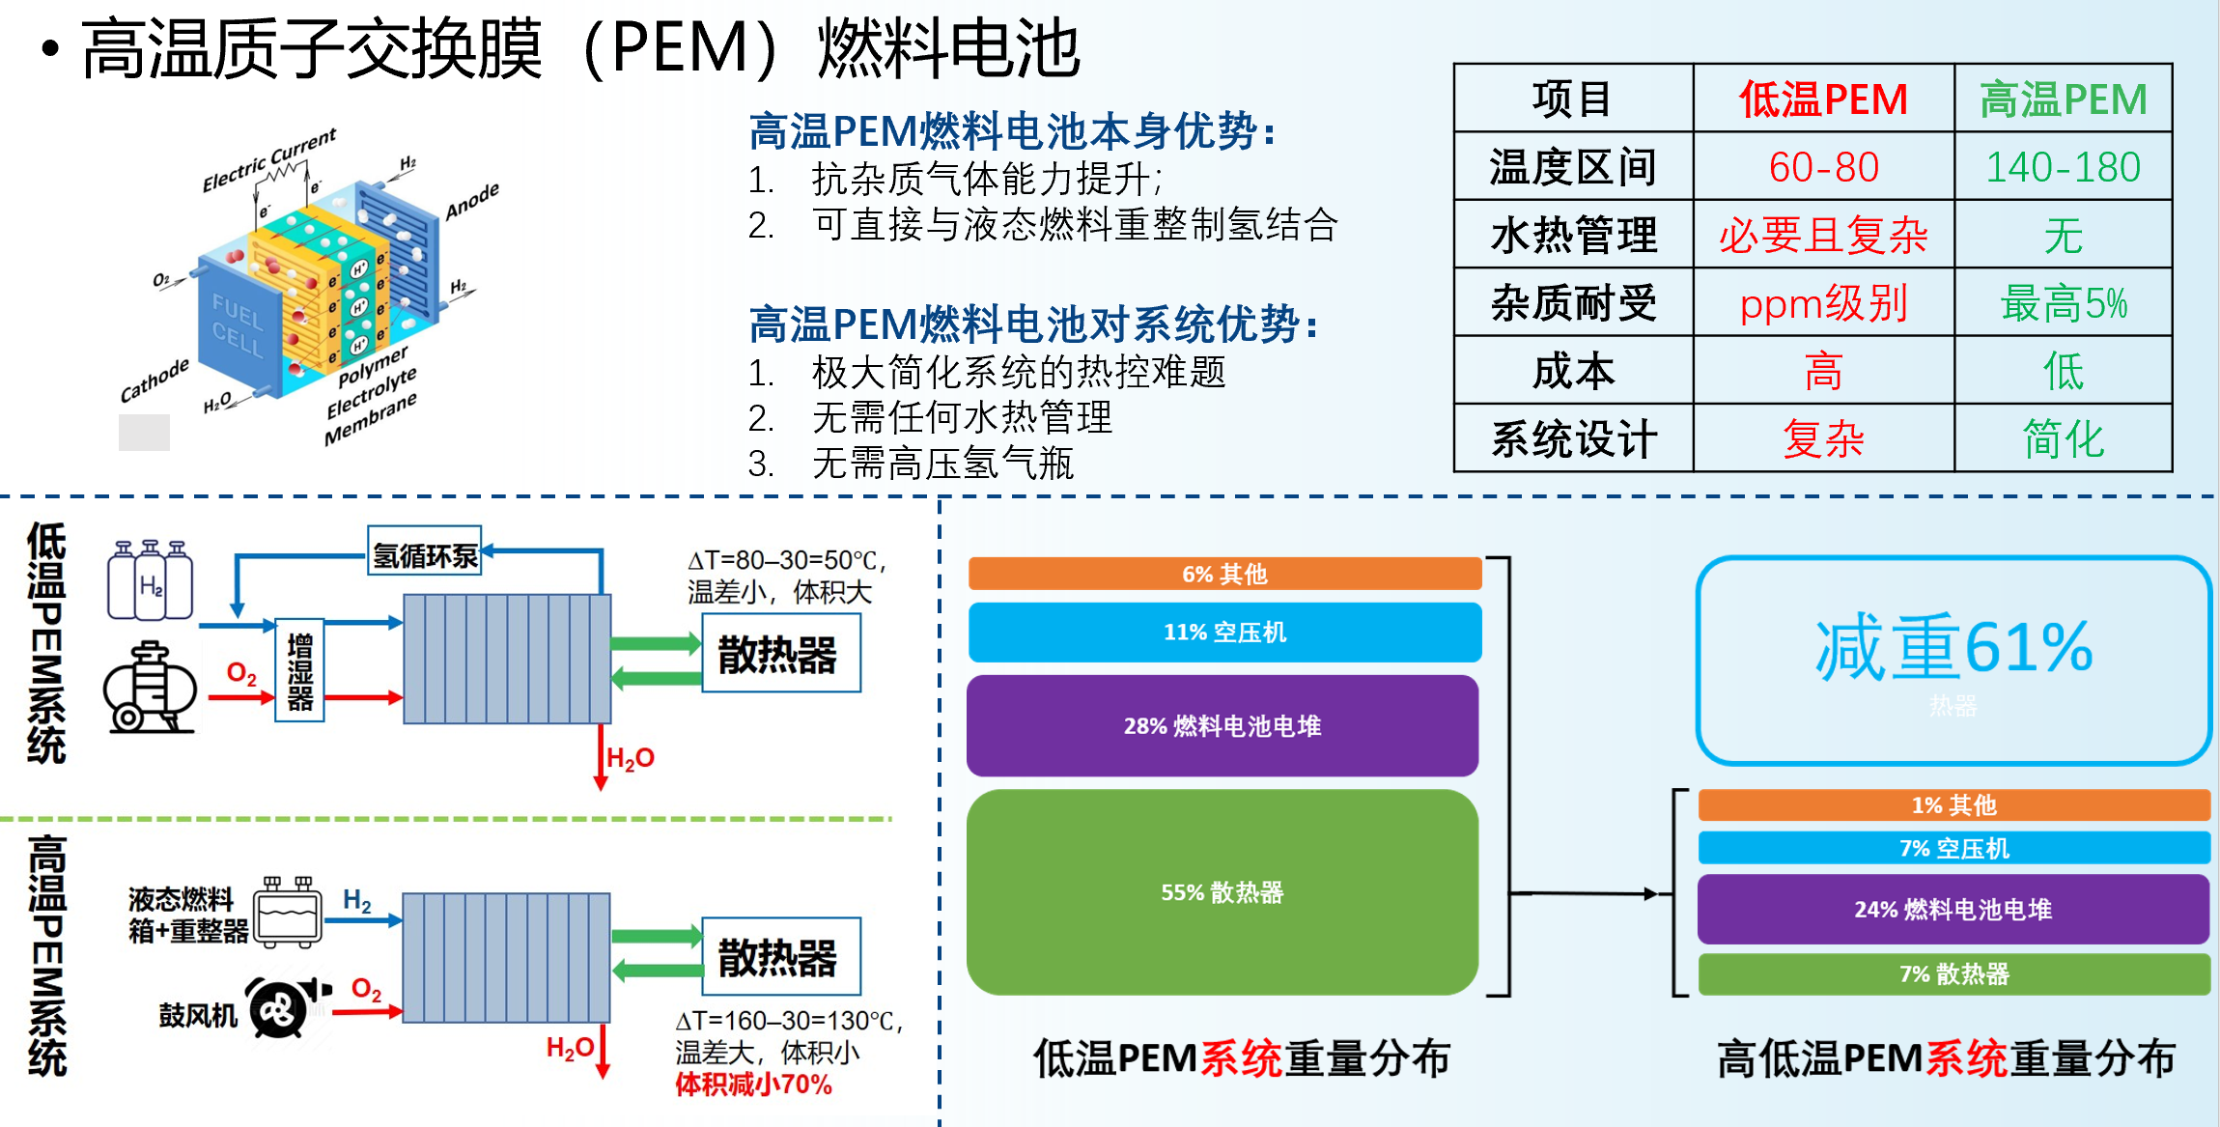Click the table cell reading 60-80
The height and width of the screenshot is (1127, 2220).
click(x=1823, y=167)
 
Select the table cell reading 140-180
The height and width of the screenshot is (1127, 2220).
click(x=2063, y=167)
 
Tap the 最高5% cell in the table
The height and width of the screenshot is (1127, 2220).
click(x=2063, y=303)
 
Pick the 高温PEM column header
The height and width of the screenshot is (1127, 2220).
click(x=2063, y=99)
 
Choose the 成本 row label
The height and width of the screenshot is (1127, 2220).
click(x=1573, y=371)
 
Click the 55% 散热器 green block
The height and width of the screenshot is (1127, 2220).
click(x=1222, y=892)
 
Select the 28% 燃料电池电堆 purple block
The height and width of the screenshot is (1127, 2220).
click(x=1222, y=726)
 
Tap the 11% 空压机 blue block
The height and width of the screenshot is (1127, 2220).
click(x=1224, y=633)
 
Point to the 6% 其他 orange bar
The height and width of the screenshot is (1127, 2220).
click(x=1224, y=574)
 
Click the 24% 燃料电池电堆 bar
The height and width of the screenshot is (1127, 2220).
click(x=1953, y=909)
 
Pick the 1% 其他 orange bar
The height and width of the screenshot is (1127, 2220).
click(x=1953, y=804)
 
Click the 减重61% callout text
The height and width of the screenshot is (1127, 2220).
click(x=1953, y=648)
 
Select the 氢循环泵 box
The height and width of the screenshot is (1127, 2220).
click(x=425, y=554)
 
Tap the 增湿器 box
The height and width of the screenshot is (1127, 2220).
click(x=299, y=670)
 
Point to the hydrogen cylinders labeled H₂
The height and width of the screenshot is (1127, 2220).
click(x=150, y=580)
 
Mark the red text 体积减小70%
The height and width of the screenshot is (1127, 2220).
click(x=753, y=1085)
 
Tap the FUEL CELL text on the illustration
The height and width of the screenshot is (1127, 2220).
click(x=238, y=325)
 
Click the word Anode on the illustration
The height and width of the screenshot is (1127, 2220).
click(x=472, y=200)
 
